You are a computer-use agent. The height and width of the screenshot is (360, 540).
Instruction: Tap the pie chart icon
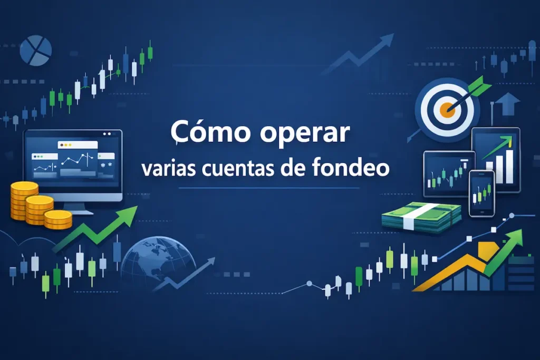point(36,51)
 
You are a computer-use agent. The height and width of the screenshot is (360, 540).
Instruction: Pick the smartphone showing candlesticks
point(481,193)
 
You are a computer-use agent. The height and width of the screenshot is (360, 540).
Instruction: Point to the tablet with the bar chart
point(496,158)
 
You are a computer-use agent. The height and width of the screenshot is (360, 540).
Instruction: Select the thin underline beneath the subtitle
point(269,188)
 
